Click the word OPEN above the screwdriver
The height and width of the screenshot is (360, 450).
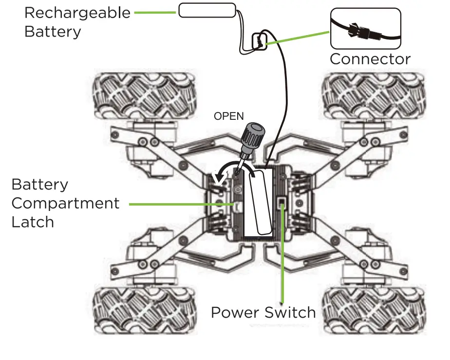(228, 117)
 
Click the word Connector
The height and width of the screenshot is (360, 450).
(370, 59)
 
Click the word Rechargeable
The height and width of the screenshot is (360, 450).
(77, 13)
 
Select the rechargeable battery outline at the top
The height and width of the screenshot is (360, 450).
(207, 10)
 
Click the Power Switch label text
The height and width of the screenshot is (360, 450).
(263, 312)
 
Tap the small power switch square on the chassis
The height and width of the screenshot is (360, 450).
(281, 203)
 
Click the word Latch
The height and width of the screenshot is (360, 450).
(32, 222)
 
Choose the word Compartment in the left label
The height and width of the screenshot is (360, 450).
(65, 203)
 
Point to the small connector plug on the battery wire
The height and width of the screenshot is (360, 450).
(259, 42)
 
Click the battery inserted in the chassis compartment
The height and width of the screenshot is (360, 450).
(258, 202)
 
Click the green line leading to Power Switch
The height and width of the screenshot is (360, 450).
(282, 258)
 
